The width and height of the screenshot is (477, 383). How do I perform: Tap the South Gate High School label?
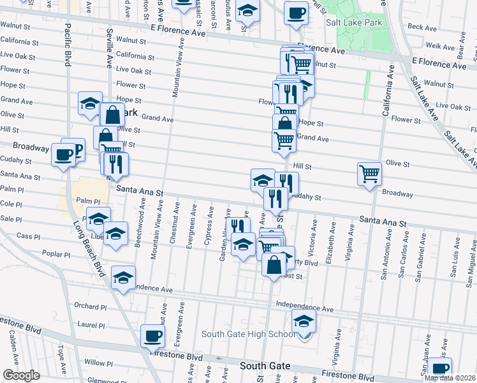[248, 334]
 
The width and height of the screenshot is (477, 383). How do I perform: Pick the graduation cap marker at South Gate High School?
[304, 320]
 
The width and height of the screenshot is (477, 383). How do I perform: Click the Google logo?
[22, 375]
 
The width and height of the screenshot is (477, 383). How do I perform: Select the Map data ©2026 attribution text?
[450, 378]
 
